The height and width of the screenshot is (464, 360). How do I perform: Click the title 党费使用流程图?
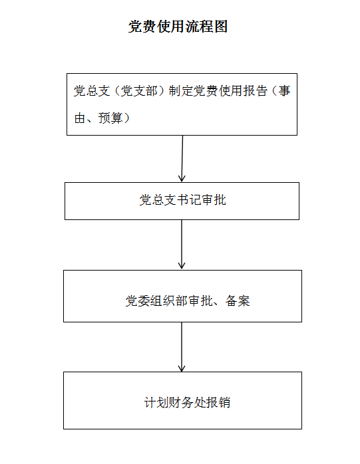click(178, 27)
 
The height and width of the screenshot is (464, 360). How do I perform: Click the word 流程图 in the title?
click(206, 27)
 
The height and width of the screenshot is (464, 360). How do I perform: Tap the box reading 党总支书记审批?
click(182, 201)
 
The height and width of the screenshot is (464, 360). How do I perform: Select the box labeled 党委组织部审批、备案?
click(182, 296)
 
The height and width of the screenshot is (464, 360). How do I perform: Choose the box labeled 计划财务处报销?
click(182, 400)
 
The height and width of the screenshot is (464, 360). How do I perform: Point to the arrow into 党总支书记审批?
click(182, 159)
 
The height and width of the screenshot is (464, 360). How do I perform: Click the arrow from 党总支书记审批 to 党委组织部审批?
click(182, 245)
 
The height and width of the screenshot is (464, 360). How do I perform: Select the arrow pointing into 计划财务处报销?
click(182, 347)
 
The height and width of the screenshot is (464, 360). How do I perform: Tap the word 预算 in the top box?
click(110, 118)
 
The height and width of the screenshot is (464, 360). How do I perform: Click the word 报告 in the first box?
click(255, 91)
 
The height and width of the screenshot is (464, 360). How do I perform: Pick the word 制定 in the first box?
click(181, 91)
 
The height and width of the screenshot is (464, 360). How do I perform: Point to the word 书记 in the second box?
click(189, 200)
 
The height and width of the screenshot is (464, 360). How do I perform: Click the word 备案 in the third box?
click(238, 301)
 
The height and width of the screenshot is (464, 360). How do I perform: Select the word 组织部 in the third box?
click(169, 301)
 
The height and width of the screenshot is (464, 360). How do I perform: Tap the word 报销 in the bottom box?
click(218, 402)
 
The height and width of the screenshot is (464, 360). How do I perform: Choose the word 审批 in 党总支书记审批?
click(214, 200)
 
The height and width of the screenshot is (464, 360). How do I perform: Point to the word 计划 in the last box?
click(156, 402)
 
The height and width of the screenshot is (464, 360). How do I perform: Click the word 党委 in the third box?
click(138, 301)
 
